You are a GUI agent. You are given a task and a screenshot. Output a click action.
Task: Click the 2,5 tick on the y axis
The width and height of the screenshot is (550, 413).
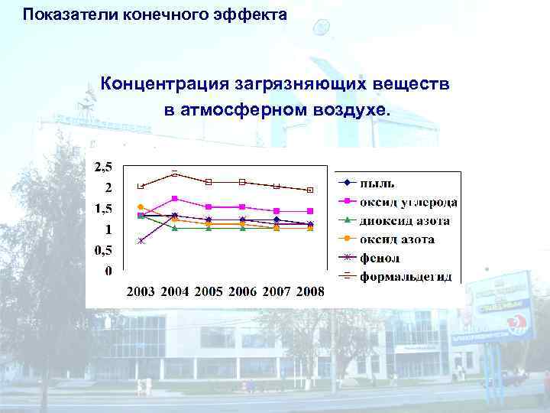click(102, 167)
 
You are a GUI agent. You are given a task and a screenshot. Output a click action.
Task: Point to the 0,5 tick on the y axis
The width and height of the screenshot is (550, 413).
click(102, 250)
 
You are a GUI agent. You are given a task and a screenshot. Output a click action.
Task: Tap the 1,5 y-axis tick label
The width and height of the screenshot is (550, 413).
click(102, 209)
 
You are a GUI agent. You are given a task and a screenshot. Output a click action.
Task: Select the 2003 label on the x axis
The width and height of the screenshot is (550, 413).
click(141, 291)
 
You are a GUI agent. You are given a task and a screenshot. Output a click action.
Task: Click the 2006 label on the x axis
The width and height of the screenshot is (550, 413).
click(243, 291)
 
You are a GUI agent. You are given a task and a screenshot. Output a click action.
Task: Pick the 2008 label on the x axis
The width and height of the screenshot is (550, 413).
click(310, 291)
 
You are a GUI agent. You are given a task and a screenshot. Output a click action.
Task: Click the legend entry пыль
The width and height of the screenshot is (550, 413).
click(377, 183)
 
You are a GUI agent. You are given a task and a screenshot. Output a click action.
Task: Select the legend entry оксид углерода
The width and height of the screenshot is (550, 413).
click(408, 202)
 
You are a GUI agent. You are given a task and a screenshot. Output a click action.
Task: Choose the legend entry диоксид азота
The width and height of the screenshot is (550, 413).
click(405, 221)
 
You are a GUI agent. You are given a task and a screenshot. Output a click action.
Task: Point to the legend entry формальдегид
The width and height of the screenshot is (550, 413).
click(406, 277)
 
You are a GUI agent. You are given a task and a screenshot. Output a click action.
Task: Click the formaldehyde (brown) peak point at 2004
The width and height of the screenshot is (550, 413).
click(175, 174)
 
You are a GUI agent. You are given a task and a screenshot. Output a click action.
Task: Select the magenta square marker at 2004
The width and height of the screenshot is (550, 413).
click(175, 199)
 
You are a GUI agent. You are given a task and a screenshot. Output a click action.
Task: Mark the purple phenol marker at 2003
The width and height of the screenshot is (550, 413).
click(141, 241)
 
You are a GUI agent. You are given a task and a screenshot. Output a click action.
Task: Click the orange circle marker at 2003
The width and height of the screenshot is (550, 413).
click(141, 206)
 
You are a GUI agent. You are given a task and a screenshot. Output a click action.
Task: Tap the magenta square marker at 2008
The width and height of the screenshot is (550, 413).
click(310, 211)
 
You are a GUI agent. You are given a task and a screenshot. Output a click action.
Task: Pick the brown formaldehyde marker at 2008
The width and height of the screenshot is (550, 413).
click(310, 190)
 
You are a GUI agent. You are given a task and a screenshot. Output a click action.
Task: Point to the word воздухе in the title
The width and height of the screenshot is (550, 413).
click(351, 109)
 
